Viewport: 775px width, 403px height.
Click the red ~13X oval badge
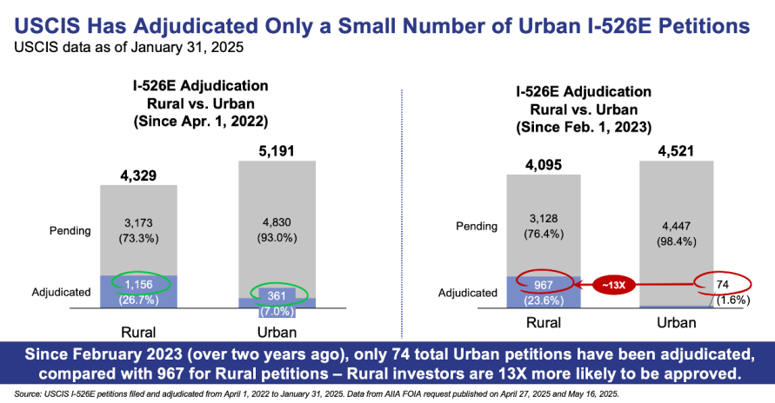pos(613,285)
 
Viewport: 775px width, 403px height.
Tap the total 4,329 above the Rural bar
pos(138,175)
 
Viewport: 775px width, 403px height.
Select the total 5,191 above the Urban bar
pos(277,151)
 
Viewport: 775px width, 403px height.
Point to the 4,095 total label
pos(544,165)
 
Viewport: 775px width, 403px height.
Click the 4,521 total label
pos(676,151)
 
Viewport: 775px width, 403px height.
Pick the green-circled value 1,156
pos(139,285)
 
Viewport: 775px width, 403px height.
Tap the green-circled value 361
pos(277,295)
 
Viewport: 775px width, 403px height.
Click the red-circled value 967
pos(544,285)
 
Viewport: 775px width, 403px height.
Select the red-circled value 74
pos(722,284)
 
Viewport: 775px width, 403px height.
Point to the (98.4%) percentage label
pos(677,241)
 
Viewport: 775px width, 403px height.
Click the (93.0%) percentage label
pos(277,238)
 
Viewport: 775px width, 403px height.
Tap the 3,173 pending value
pos(138,223)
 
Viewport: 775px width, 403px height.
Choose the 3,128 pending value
pos(544,219)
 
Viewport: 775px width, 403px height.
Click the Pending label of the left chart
pos(70,231)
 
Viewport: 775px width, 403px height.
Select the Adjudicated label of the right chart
pos(468,293)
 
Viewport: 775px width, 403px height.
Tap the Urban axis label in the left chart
pos(277,333)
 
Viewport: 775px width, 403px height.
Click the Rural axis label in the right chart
pos(544,322)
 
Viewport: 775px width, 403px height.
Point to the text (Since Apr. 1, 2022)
pos(201,122)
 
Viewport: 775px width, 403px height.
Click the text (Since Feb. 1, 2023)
pos(584,128)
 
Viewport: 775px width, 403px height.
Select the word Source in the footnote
pos(27,394)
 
